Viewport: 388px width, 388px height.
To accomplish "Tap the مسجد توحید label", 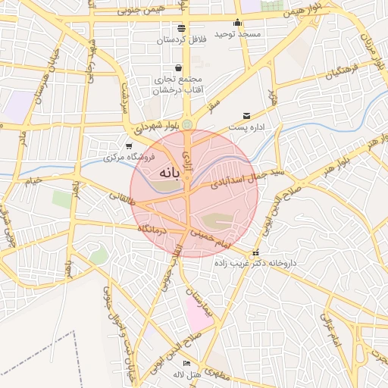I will pos(237,34).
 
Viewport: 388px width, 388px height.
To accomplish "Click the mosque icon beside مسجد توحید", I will pos(238,22).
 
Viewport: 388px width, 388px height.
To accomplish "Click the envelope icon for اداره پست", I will pos(246,116).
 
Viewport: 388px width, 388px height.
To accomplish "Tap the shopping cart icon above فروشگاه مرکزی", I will pos(128,146).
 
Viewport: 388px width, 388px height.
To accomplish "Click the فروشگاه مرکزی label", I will pos(130,158).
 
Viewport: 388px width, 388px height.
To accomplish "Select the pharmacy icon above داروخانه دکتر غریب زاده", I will pos(255,253).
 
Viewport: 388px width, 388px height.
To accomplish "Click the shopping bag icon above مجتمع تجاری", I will pos(178,68).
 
